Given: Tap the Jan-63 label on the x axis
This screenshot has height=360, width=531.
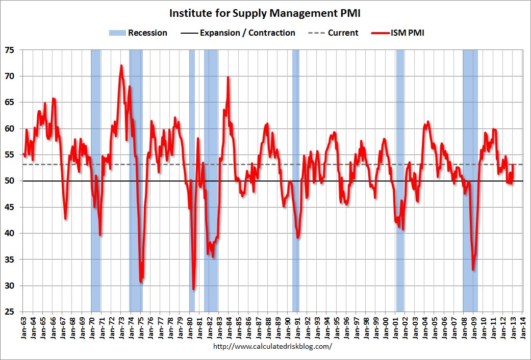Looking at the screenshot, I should [22, 326].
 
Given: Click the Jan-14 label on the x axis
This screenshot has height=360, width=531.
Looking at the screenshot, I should [523, 326].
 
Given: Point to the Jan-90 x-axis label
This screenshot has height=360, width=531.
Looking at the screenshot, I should [287, 326].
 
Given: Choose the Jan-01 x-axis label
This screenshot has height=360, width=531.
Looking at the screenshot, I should [395, 326].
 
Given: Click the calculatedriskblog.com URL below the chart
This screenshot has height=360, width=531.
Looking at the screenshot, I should [265, 346].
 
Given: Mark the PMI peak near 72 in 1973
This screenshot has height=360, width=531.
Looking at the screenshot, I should [121, 66].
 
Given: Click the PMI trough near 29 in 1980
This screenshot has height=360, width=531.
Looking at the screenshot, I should [193, 289].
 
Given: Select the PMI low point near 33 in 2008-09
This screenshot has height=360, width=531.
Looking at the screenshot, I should [473, 269].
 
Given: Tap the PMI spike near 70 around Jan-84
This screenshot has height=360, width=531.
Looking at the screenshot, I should [227, 78].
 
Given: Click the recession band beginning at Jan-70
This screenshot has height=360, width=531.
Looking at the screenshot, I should [95, 127].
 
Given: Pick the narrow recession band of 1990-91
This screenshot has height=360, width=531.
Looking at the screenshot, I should [295, 127].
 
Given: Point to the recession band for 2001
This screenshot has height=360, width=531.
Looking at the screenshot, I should [400, 127].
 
